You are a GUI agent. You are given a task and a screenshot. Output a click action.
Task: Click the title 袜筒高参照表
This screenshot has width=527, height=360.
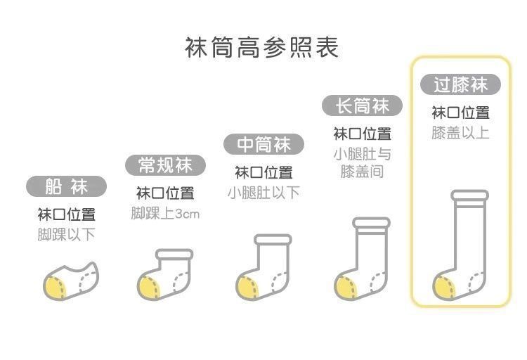[x=261, y=47]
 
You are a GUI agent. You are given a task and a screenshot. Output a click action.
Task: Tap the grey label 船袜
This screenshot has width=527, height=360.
[x=67, y=186]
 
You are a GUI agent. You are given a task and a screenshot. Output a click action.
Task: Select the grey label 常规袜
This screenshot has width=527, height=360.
[x=166, y=165]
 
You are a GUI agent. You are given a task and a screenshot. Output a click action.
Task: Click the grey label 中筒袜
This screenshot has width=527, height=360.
[x=263, y=145]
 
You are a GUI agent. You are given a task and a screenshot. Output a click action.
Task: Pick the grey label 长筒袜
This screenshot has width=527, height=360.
[x=362, y=106]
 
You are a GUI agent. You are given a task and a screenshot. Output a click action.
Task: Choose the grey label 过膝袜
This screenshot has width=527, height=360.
[x=460, y=85]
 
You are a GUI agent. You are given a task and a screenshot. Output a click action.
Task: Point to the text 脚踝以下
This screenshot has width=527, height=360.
[x=67, y=234]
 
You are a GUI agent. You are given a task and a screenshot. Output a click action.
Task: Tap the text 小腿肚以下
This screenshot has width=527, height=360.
[x=263, y=192]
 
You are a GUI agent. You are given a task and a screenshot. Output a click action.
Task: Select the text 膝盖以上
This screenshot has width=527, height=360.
[x=460, y=132]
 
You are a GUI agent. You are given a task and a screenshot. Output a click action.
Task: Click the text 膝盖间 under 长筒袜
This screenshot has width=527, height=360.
[x=362, y=172]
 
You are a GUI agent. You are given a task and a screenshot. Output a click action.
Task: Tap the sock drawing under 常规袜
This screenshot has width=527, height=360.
[x=167, y=274]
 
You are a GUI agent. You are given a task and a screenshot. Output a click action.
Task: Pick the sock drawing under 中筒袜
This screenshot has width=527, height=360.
[x=265, y=268]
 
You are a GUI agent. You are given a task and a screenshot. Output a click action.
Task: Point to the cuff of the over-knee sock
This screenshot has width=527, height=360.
[x=469, y=195]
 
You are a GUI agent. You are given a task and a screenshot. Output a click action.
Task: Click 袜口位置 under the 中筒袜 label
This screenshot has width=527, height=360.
[x=263, y=172]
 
